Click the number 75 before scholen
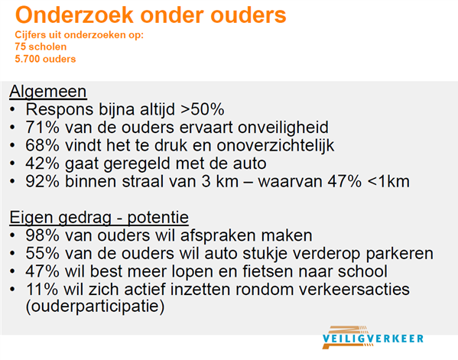point(20,47)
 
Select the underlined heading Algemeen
point(48,92)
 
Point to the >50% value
point(202,109)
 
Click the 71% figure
point(42,128)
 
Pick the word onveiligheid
point(283,128)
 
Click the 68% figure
point(42,145)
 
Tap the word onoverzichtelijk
point(275,145)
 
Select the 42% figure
point(42,164)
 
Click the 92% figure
point(42,181)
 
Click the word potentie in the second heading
point(158,218)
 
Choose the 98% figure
point(42,235)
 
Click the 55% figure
point(42,253)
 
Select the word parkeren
point(400,254)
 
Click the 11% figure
point(42,290)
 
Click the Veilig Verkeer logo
point(372,338)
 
